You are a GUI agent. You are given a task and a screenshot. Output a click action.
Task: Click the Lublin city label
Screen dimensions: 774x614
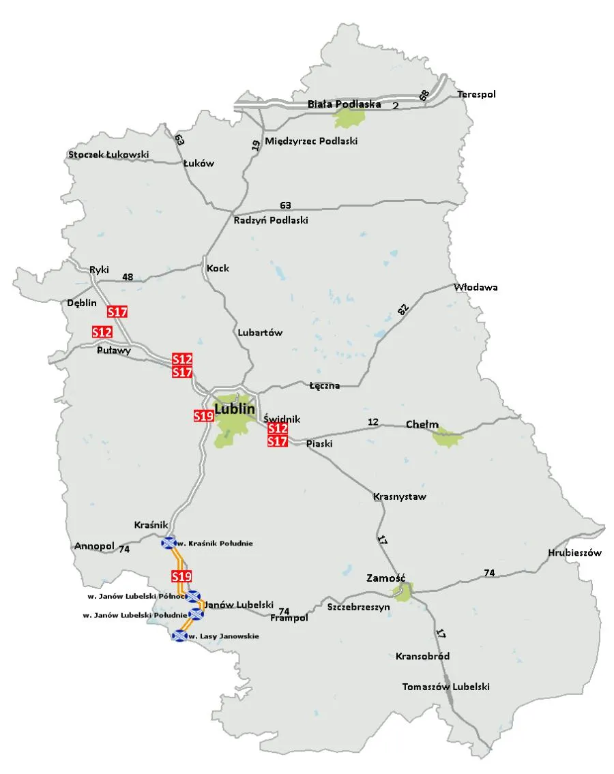(235, 409)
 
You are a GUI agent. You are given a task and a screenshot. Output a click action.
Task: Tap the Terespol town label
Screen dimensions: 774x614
(476, 94)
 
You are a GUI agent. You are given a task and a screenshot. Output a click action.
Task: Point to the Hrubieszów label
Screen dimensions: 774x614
(574, 553)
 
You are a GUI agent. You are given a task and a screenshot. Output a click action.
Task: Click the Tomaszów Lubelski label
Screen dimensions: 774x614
(445, 687)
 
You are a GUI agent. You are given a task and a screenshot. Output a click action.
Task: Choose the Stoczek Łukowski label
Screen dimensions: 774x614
(108, 155)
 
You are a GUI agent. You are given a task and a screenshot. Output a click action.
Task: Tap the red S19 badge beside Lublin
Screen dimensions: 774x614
(203, 415)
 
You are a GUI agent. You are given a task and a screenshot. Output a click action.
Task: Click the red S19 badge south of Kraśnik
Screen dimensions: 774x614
(181, 576)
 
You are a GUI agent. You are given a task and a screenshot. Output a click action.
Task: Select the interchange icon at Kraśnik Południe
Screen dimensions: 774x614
(168, 543)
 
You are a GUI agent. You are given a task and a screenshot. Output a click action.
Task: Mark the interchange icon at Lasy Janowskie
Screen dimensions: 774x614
(179, 636)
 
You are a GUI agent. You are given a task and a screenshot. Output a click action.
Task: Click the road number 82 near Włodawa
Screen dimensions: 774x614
(403, 309)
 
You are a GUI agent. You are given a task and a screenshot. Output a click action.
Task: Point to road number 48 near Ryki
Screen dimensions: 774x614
(127, 277)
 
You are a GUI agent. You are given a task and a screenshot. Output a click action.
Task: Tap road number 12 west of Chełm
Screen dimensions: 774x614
(372, 422)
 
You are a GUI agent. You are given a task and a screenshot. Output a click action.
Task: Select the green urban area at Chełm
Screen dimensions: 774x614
(448, 437)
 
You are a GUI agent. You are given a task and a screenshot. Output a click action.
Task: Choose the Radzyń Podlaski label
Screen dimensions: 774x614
(271, 220)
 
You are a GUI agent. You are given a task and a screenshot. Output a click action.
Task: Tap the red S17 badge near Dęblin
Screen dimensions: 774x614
(118, 312)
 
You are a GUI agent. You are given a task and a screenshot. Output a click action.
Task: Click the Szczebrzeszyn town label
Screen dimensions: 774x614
(357, 606)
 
